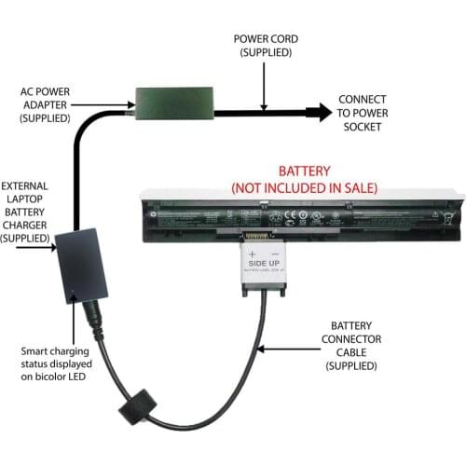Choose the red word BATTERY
(x=304, y=172)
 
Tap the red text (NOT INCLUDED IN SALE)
(x=304, y=187)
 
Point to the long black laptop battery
(x=298, y=215)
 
